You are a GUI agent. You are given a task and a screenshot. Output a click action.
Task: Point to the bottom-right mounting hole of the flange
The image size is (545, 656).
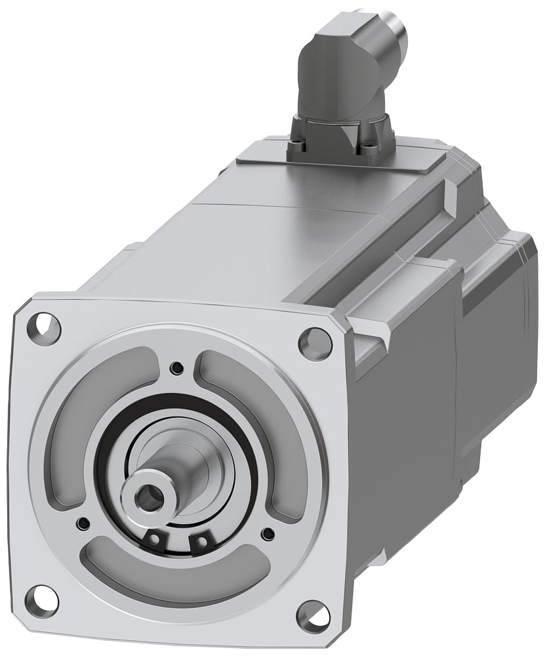pos(313,615)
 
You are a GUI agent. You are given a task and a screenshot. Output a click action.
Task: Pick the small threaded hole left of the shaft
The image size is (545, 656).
pos(83,523)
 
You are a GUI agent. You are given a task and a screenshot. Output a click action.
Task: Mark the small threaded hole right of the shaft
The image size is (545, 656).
pos(267,533)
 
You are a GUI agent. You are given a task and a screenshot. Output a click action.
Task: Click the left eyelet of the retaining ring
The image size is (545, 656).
pos(154,539)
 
